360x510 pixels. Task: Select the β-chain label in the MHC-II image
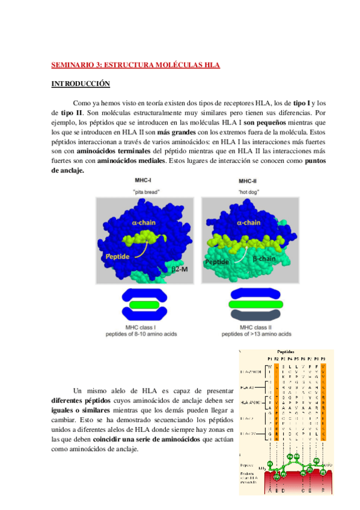tap(264, 259)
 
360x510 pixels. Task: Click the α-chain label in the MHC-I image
tap(142, 223)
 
